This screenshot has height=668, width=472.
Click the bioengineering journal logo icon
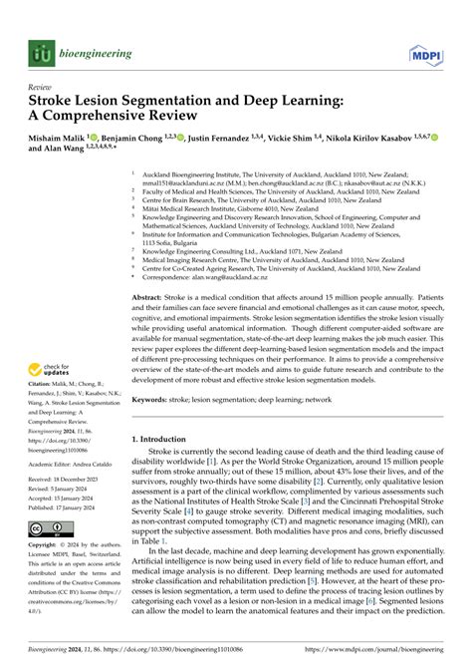[40, 52]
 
